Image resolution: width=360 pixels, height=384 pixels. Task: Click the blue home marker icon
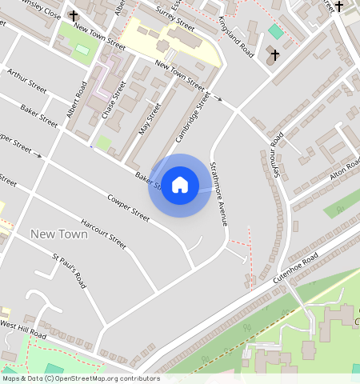[180, 185]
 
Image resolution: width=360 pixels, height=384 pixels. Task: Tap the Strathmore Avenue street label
[219, 194]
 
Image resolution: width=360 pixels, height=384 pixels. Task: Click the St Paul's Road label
[69, 272]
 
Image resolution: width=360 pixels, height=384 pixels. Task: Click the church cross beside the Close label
[74, 15]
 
